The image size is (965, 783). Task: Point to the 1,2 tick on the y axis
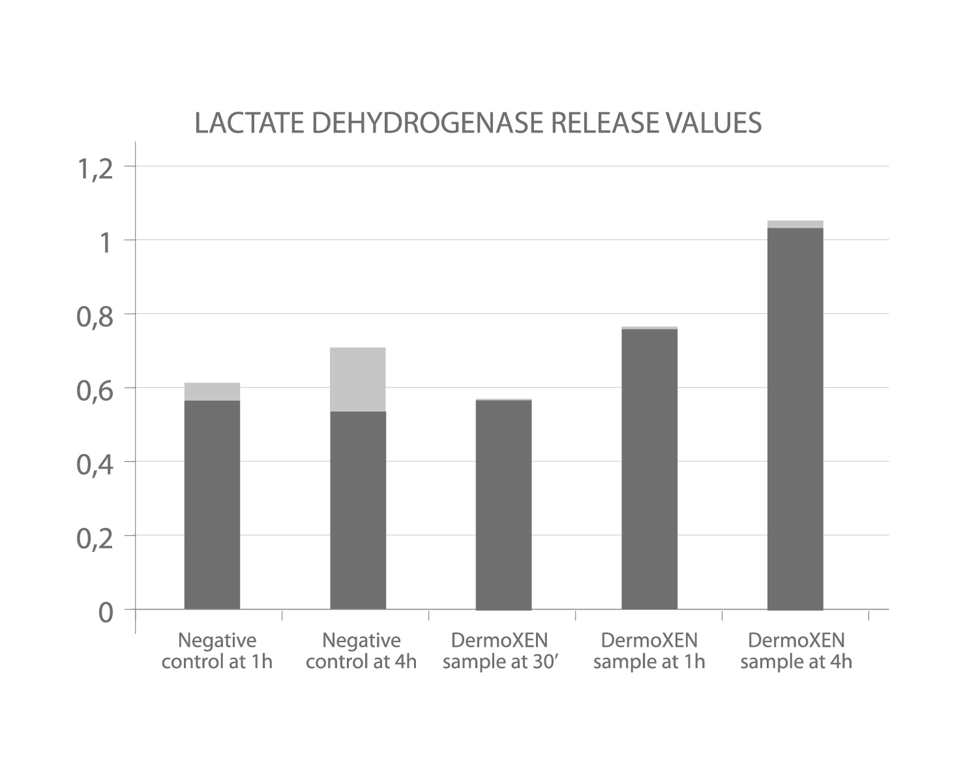[96, 170]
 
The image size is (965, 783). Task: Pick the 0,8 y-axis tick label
[96, 317]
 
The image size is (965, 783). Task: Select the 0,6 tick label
[96, 391]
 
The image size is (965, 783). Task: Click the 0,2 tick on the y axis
[96, 539]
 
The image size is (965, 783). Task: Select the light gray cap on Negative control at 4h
[358, 379]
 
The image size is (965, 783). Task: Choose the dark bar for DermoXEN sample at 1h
[649, 469]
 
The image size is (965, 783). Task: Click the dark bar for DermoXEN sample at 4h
[795, 418]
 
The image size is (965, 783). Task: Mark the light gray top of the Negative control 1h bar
[212, 391]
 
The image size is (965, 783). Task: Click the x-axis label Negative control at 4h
[361, 651]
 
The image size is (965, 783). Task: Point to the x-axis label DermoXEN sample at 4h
[796, 651]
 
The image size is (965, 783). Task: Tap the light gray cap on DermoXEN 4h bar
[795, 224]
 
